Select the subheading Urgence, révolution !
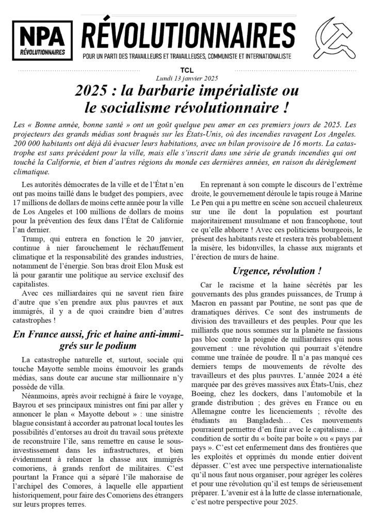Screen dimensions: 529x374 point(278,270)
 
